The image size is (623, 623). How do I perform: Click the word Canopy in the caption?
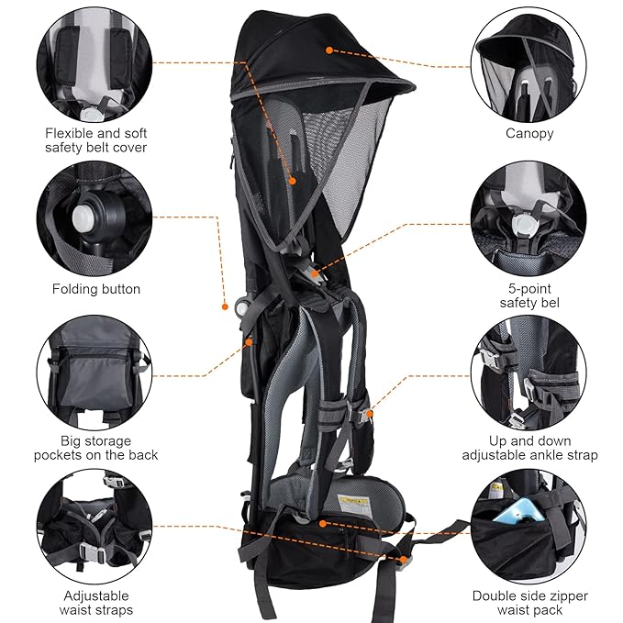pos(529,133)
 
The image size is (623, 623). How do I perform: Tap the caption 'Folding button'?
pos(95,289)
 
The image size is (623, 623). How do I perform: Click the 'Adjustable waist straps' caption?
pos(95,602)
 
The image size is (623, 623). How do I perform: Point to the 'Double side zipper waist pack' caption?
pos(529,602)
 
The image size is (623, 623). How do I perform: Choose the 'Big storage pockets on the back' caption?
pos(95,447)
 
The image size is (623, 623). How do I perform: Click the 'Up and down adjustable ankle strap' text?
pos(529,447)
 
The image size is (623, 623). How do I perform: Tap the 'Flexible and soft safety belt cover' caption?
pos(95,139)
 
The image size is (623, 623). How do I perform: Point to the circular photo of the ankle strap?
pos(529,374)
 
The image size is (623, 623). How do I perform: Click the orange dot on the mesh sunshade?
pos(292,181)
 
